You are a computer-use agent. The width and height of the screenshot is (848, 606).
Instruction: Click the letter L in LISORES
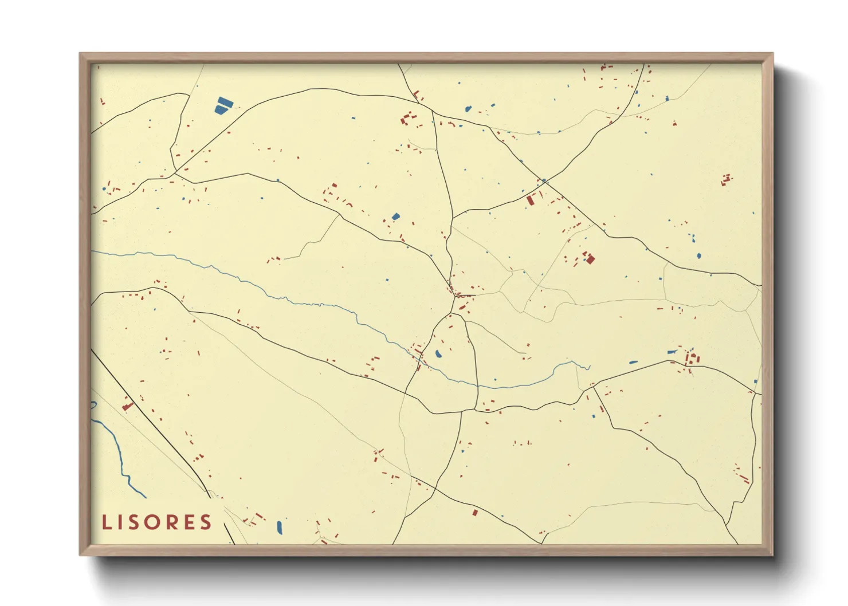tap(107, 522)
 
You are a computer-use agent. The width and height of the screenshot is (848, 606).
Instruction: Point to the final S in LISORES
tap(206, 522)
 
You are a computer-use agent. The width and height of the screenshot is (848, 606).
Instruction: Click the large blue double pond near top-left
tap(223, 105)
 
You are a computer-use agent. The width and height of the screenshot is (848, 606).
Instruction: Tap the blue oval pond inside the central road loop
tap(438, 354)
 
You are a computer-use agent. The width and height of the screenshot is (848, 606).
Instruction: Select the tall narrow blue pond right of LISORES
tap(280, 526)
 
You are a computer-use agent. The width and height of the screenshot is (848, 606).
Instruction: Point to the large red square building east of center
tap(590, 259)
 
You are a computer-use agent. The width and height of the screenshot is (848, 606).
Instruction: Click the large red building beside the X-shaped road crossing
tap(531, 200)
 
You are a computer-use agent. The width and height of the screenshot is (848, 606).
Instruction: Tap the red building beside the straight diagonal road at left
tap(127, 407)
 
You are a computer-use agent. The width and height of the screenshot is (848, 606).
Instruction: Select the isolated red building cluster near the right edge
tap(727, 180)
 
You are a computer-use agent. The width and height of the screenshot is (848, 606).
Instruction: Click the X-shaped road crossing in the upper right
tap(544, 182)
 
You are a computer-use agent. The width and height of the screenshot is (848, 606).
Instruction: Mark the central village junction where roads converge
tap(456, 296)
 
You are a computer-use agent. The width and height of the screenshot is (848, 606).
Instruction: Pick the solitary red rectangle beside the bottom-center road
tap(474, 512)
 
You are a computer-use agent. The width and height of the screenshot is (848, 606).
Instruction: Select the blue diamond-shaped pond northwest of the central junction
tap(395, 217)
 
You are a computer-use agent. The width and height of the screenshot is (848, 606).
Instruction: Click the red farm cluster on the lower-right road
tap(692, 359)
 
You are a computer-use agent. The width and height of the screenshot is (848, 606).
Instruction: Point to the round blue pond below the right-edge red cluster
tap(698, 256)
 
